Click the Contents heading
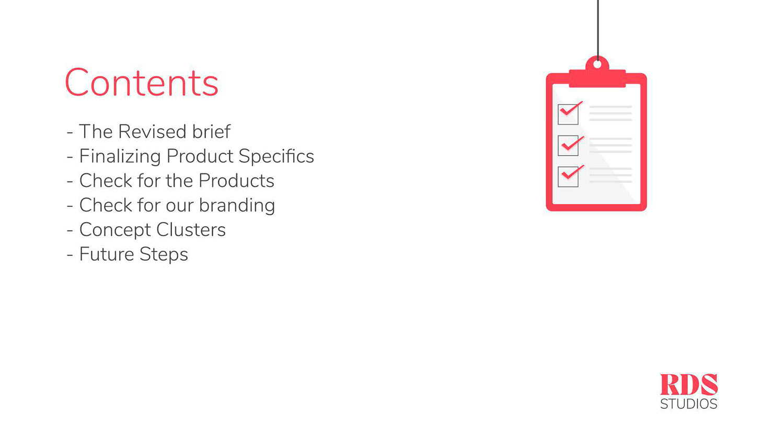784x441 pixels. point(142,82)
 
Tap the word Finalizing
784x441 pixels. point(120,156)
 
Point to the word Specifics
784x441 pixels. point(276,156)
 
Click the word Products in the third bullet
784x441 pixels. point(236,181)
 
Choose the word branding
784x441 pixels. point(237,205)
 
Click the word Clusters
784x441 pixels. point(191,229)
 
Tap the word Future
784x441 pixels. point(107,254)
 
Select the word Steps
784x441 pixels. point(164,254)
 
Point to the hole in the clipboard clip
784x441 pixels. point(597,64)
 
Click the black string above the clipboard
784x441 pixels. point(597,30)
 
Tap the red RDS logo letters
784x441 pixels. point(689,384)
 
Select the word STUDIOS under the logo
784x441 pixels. point(689,404)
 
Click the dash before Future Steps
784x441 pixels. point(70,255)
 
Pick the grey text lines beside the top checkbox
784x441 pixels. point(610,113)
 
